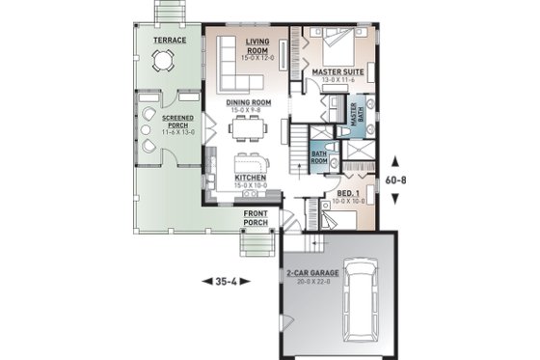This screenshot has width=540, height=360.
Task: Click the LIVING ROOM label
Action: [x=256, y=46]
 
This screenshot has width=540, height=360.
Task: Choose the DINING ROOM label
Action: [x=249, y=102]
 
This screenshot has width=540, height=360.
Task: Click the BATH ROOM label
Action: [x=319, y=154]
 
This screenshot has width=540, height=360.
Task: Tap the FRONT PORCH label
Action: [x=256, y=218]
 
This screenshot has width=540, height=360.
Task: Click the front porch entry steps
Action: [x=256, y=245]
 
